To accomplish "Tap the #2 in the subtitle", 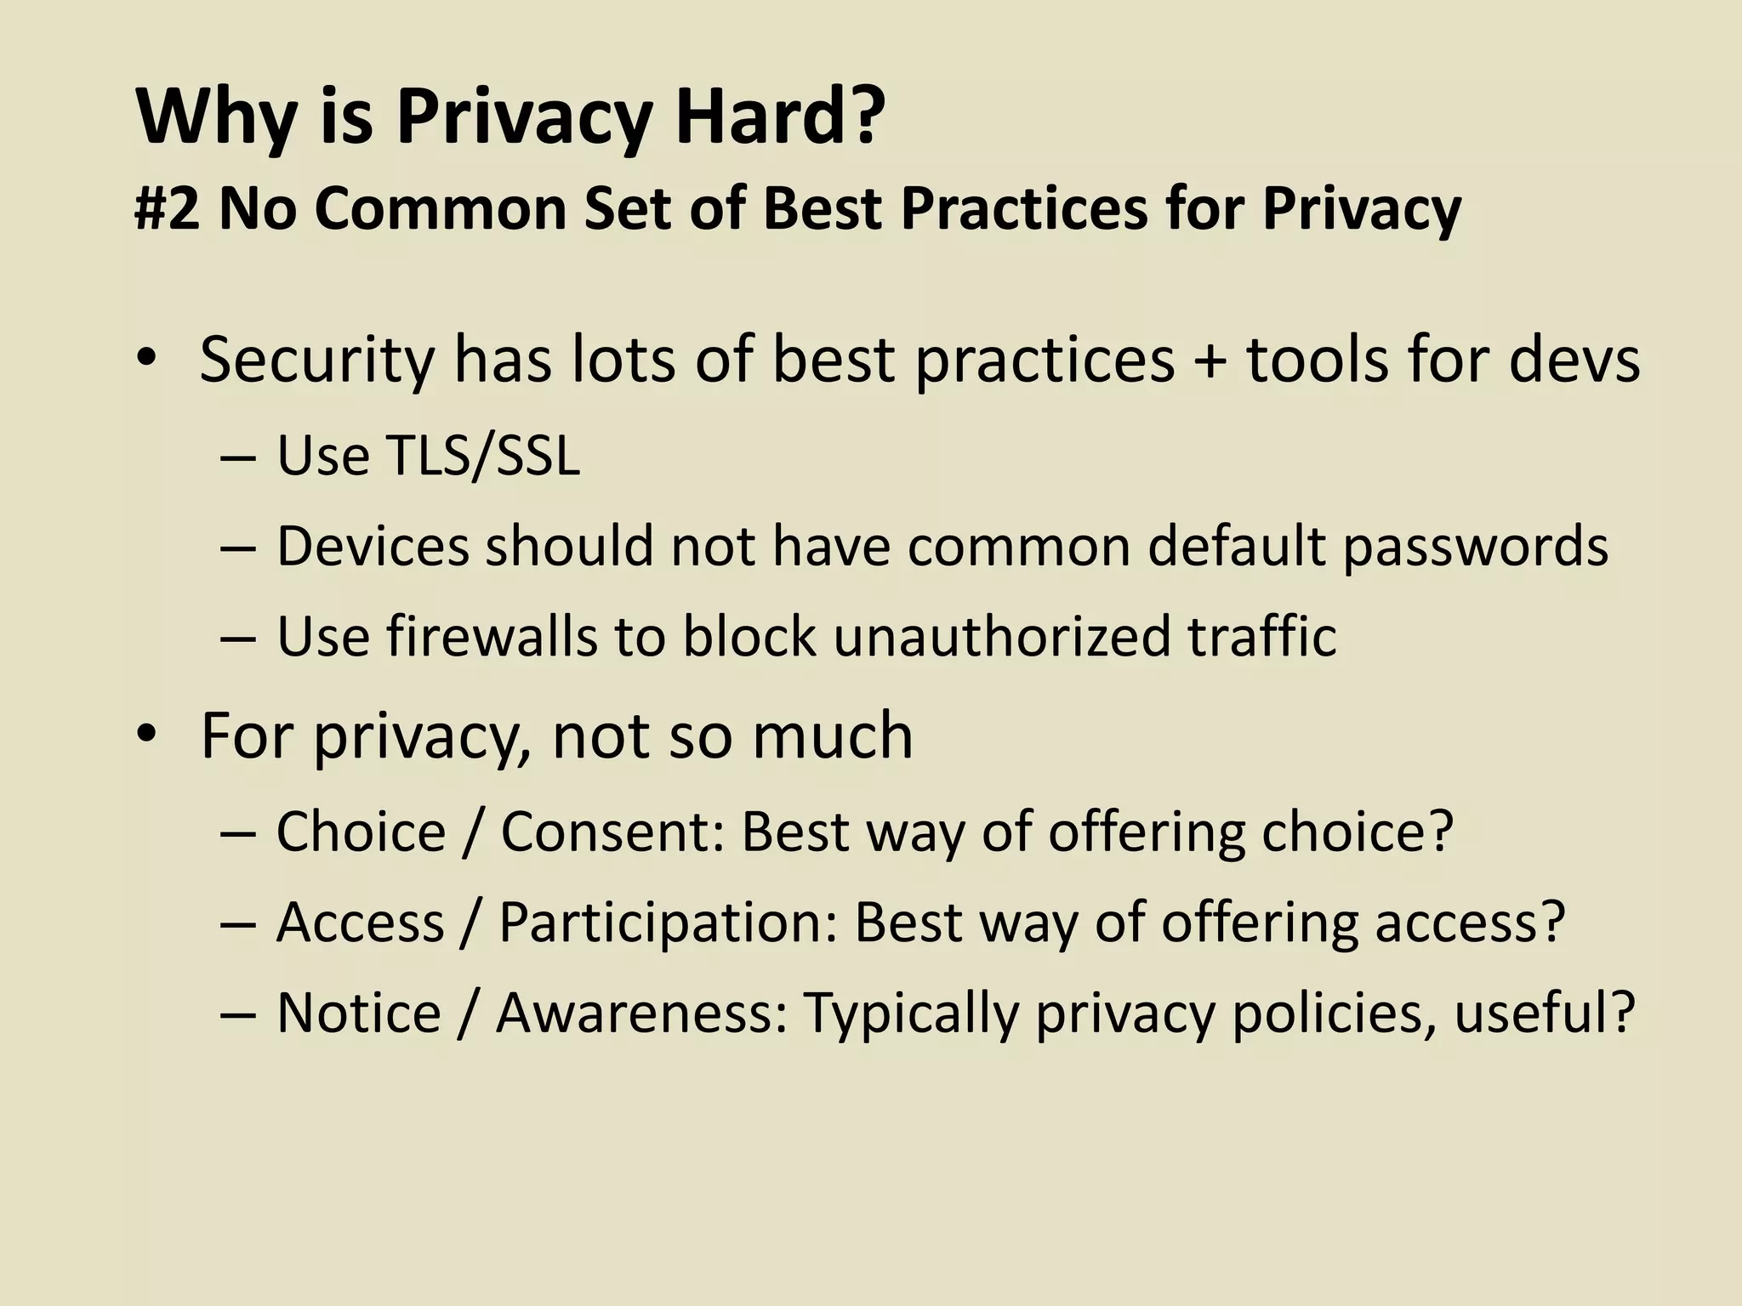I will click(167, 208).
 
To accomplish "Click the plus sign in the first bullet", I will click(1210, 361).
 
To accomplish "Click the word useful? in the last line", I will click(1544, 1013).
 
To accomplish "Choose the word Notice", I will click(359, 1013).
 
